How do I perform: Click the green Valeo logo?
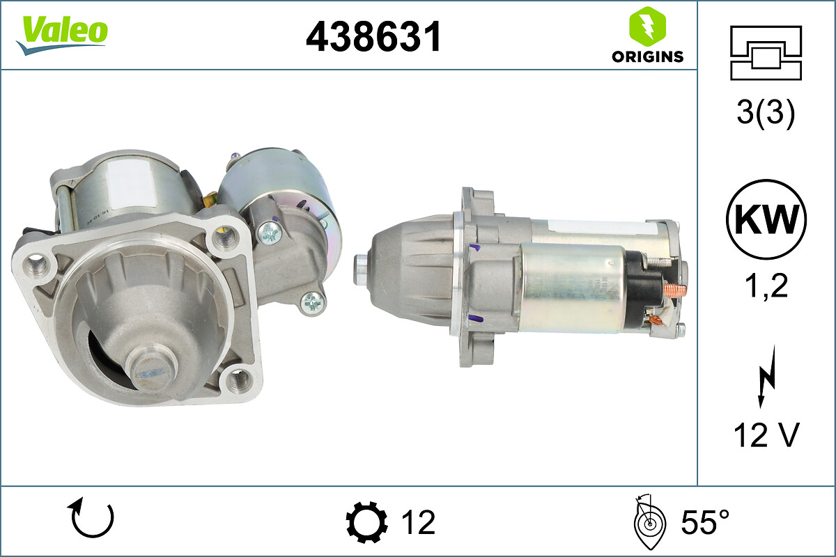[62, 35]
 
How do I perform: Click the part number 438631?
[373, 37]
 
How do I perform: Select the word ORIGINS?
[647, 56]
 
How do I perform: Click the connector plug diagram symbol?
[766, 53]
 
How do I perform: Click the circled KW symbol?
[766, 219]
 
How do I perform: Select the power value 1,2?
[766, 285]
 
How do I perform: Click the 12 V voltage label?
[766, 435]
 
